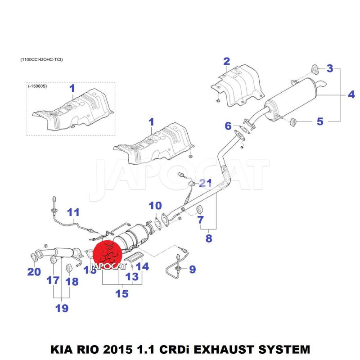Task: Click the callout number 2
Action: pyautogui.click(x=226, y=62)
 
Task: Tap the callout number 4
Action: pyautogui.click(x=351, y=94)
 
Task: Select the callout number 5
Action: pyautogui.click(x=320, y=121)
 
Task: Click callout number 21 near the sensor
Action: pyautogui.click(x=205, y=183)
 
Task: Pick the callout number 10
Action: pyautogui.click(x=155, y=206)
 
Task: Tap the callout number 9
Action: pyautogui.click(x=192, y=270)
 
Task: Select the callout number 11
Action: pyautogui.click(x=73, y=211)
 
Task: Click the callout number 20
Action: pyautogui.click(x=34, y=271)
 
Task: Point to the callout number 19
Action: pyautogui.click(x=62, y=308)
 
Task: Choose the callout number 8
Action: pyautogui.click(x=208, y=238)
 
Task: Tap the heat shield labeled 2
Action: pyautogui.click(x=237, y=85)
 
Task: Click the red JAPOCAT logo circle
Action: pyautogui.click(x=108, y=253)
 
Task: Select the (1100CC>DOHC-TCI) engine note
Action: pyautogui.click(x=41, y=59)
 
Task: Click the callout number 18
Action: pyautogui.click(x=72, y=282)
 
